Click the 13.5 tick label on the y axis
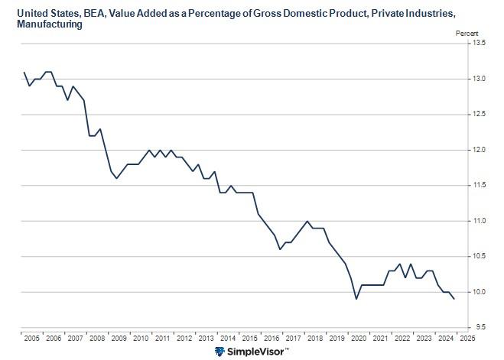pyautogui.click(x=479, y=43)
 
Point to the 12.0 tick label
pyautogui.click(x=479, y=150)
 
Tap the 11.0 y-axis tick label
pyautogui.click(x=479, y=221)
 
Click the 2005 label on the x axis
pyautogui.click(x=31, y=337)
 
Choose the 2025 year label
pyautogui.click(x=467, y=337)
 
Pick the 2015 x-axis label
pyautogui.click(x=249, y=337)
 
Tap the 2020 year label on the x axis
pyautogui.click(x=357, y=337)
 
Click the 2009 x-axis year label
pyautogui.click(x=118, y=337)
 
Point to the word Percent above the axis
pyautogui.click(x=467, y=34)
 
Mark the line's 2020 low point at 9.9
pyautogui.click(x=356, y=299)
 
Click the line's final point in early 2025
pyautogui.click(x=454, y=299)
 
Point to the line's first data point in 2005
pyautogui.click(x=24, y=73)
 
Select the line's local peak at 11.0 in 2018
pyautogui.click(x=307, y=221)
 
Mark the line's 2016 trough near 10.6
pyautogui.click(x=280, y=249)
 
